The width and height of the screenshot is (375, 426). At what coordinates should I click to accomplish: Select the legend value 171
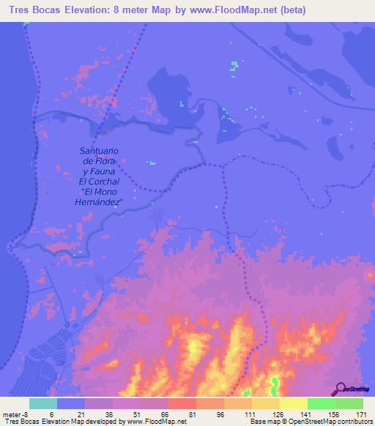click(360, 415)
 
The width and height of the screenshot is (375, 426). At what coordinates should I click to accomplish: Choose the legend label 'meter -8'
click(16, 415)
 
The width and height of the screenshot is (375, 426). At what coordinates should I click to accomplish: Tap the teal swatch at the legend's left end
click(43, 403)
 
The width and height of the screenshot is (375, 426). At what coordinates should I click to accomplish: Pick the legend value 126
click(277, 415)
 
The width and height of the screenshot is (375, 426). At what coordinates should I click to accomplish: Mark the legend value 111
click(249, 415)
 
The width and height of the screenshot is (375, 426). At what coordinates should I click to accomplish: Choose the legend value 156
click(333, 415)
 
